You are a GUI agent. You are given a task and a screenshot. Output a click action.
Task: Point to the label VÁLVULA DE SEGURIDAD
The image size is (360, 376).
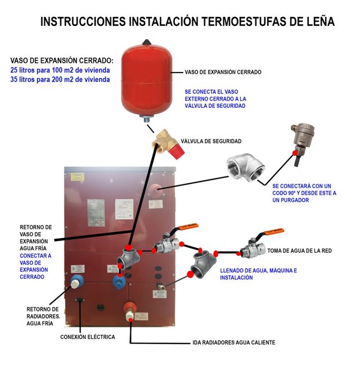coord(211,141)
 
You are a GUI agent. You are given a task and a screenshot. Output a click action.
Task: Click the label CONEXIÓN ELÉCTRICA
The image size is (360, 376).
coord(88,337)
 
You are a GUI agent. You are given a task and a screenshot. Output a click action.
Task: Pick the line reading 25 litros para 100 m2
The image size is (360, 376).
coord(60,70)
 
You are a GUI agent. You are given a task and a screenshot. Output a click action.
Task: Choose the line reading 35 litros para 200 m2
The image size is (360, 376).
coord(60,80)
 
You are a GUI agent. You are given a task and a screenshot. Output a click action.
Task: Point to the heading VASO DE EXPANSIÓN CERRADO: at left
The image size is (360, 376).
coord(61,60)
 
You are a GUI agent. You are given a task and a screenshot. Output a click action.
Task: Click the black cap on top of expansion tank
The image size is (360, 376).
coord(147,41)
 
